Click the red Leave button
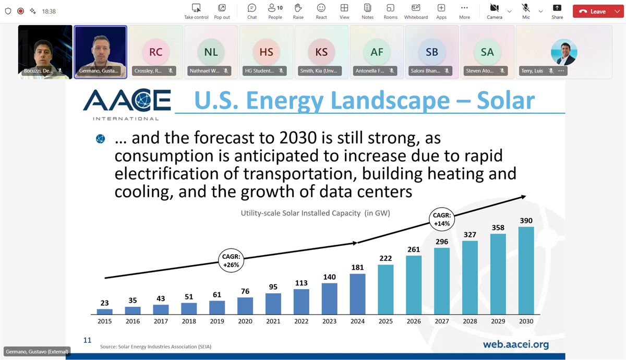tap(598, 11)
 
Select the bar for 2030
tap(526, 270)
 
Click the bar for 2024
tap(357, 294)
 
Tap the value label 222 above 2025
tap(386, 259)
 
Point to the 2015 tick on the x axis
tap(105, 321)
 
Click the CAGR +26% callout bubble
tap(231, 260)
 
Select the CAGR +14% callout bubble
tap(442, 220)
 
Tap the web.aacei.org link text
tap(515, 344)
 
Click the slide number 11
tap(87, 340)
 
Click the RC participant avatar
tap(155, 52)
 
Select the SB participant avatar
tap(432, 52)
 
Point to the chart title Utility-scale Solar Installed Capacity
tap(315, 213)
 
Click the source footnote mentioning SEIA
tap(155, 346)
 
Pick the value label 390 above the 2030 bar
tap(526, 221)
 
